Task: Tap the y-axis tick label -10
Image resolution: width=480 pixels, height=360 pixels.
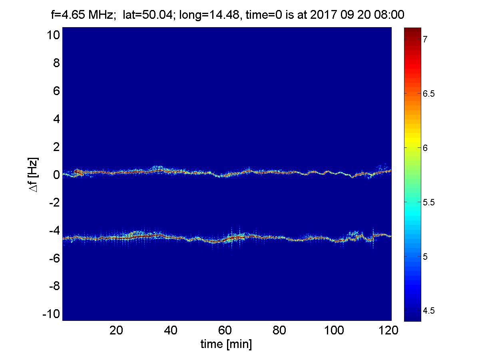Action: (x=50, y=314)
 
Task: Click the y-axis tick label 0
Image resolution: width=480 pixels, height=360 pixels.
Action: (x=56, y=175)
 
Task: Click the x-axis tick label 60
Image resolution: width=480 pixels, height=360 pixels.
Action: (x=225, y=330)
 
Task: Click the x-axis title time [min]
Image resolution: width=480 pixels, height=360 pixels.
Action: (x=226, y=344)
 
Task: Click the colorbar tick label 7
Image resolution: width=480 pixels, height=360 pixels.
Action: (x=426, y=39)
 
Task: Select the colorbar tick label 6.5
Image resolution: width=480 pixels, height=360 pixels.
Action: (x=429, y=93)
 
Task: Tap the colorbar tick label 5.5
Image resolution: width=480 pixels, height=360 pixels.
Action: (x=429, y=202)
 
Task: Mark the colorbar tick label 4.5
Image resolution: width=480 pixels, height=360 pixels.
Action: (x=429, y=310)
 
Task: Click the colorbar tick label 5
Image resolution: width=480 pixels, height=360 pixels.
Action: (x=426, y=256)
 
